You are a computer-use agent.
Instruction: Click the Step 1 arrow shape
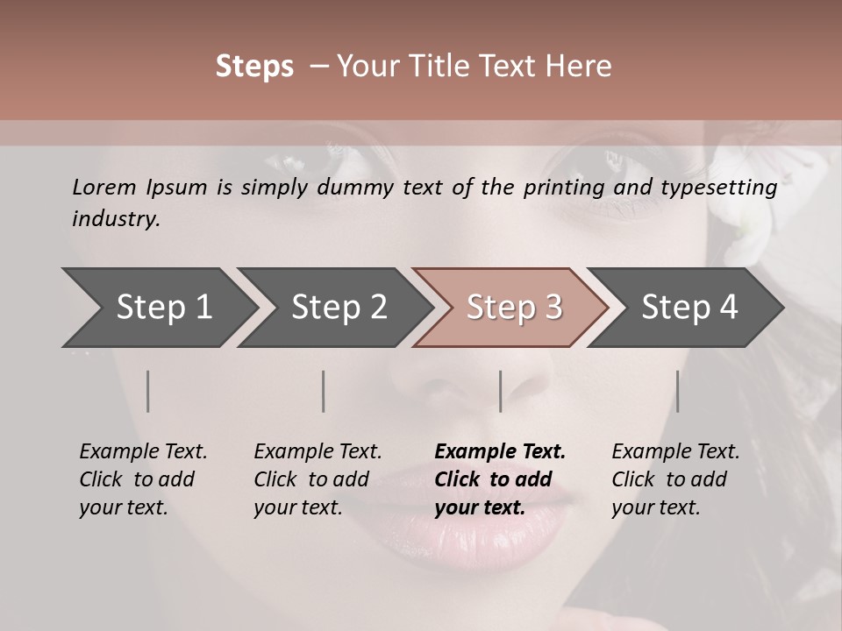(158, 308)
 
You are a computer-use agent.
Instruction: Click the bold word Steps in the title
(254, 66)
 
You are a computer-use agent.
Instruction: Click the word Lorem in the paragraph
(104, 187)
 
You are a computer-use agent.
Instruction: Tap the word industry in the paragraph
(115, 219)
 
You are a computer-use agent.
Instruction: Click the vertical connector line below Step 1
(148, 391)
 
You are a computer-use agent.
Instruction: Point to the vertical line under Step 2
(324, 391)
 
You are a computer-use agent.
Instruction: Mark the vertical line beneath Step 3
(501, 391)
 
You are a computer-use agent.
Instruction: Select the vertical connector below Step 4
(677, 391)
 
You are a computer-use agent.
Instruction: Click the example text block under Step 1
(143, 479)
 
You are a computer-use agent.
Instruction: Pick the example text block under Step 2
(318, 479)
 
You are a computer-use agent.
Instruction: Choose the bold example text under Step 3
(500, 479)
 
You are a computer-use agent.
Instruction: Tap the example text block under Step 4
(675, 479)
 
